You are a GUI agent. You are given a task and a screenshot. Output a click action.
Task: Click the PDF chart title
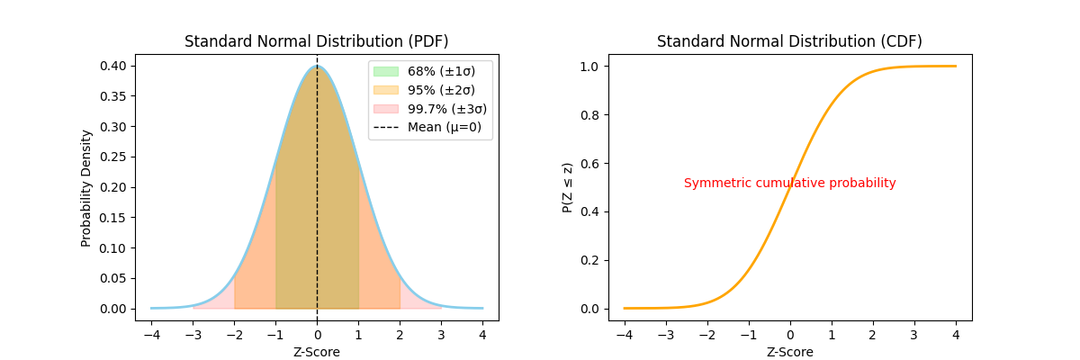click(316, 41)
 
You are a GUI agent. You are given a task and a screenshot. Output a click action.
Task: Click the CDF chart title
click(789, 41)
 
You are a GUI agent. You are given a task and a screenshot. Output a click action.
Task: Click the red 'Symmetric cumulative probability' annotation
click(789, 183)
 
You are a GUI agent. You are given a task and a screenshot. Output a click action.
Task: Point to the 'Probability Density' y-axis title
click(86, 187)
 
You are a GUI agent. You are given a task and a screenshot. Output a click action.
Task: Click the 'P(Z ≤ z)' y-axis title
click(567, 187)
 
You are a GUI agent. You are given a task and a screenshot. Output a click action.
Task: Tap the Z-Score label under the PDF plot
click(316, 352)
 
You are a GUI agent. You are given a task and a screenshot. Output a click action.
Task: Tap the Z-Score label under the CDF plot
click(789, 352)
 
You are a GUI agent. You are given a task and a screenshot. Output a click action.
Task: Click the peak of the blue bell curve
click(317, 66)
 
